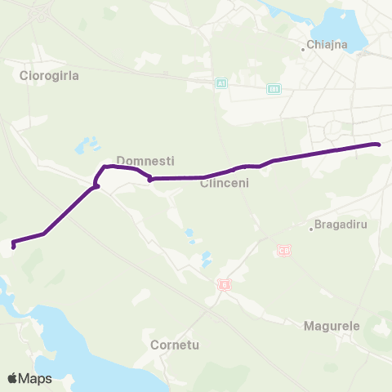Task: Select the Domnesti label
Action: point(145,161)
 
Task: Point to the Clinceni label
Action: point(224,184)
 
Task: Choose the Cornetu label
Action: point(175,345)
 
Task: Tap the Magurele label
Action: point(332,326)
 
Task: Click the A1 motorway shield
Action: point(220,84)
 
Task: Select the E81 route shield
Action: point(274,88)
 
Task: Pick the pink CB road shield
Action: point(284,250)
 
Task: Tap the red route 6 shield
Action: point(225,285)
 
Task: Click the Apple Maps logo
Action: point(29,378)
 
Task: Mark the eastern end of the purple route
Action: point(378,145)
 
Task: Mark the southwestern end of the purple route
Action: point(13,244)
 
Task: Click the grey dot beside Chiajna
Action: point(303,49)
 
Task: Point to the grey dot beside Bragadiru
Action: point(312,229)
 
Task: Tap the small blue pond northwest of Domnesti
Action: point(83,148)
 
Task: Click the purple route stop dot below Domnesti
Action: point(150,180)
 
